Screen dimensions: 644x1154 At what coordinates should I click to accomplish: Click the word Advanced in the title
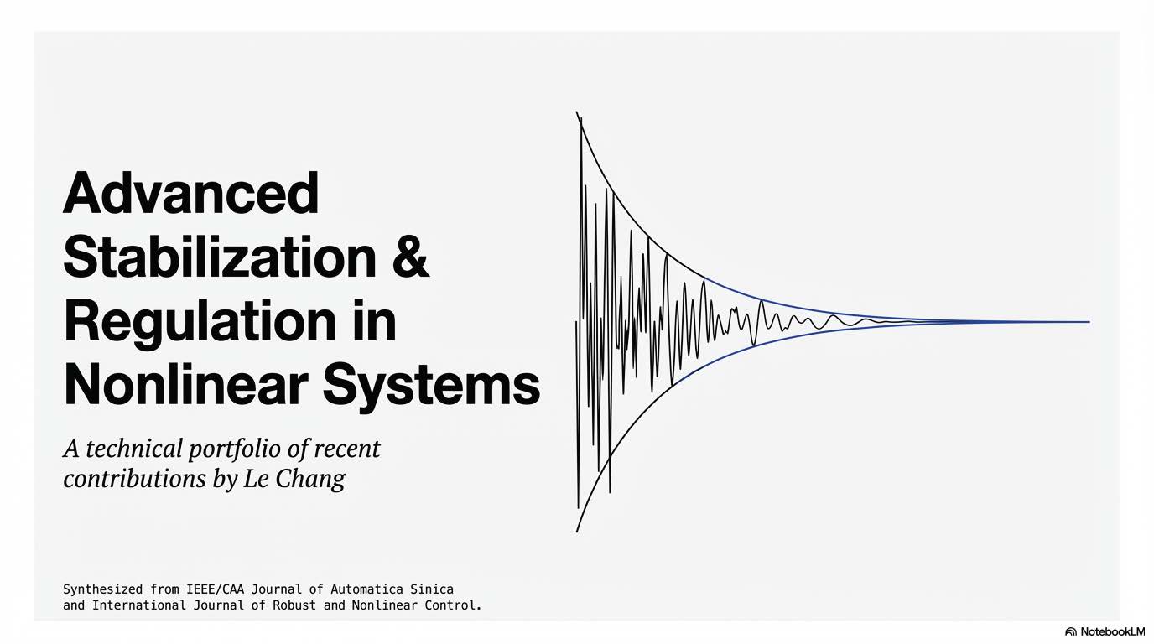(191, 193)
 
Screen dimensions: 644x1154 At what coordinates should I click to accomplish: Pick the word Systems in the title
(431, 386)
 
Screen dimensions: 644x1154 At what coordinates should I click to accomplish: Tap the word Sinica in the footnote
(431, 589)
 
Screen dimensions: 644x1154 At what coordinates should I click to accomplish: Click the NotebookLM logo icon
(1070, 631)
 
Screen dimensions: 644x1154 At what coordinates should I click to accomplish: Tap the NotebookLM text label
(1112, 631)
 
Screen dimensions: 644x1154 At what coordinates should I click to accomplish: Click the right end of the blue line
(1089, 322)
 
